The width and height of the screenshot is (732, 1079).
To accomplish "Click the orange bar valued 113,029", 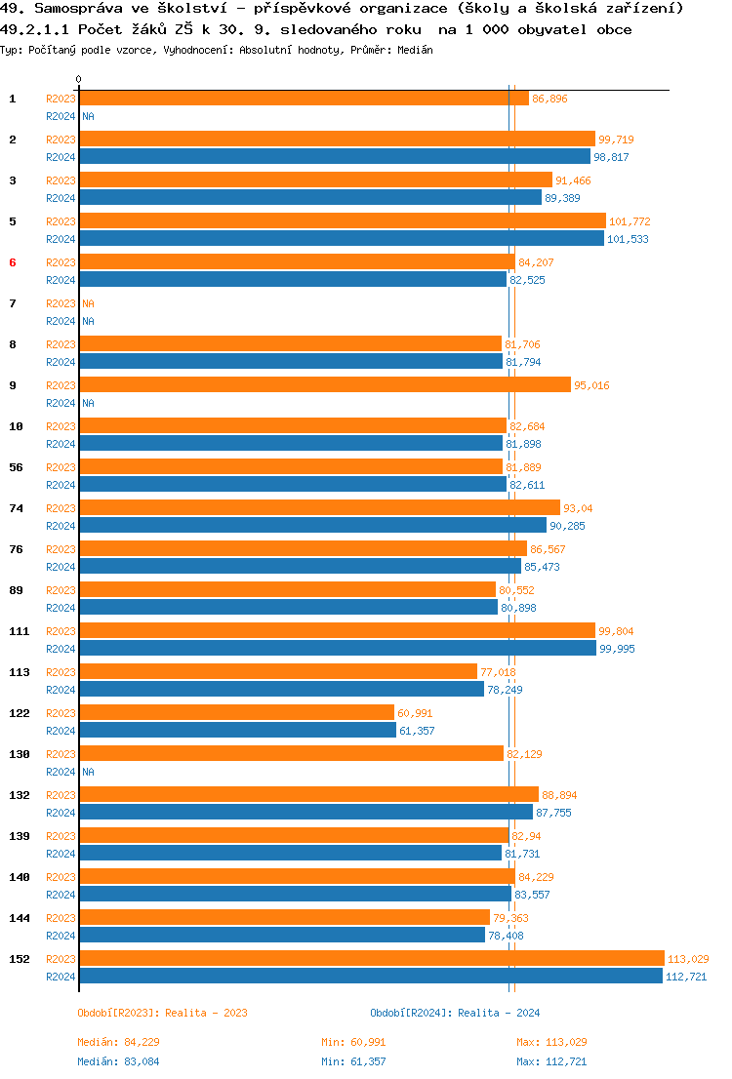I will coord(371,958).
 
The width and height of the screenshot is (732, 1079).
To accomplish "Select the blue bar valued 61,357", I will coord(237,730).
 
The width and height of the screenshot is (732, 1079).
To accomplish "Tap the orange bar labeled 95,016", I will coord(324,384).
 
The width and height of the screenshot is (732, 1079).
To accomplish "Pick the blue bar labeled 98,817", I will coord(334,156).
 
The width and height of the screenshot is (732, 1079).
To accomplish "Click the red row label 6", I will coord(13,262).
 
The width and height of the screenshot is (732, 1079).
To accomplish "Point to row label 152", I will coord(20,959).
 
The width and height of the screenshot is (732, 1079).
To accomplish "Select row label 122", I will coord(20,713).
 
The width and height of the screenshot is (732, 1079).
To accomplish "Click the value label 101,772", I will coord(630,221).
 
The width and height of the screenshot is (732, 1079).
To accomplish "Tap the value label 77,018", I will coord(498,672).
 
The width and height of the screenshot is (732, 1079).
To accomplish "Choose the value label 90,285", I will coord(567,526).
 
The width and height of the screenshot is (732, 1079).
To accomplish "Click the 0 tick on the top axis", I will coord(79,79).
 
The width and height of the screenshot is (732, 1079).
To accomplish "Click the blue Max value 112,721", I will coord(551,1061).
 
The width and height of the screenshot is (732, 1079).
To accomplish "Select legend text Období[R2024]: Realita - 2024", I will coord(455,1013).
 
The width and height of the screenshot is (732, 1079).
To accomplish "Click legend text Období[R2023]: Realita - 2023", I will coord(162,1013).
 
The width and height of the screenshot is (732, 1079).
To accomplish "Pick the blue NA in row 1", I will coord(88,116).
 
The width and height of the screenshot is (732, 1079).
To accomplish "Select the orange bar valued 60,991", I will coord(236,712).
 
